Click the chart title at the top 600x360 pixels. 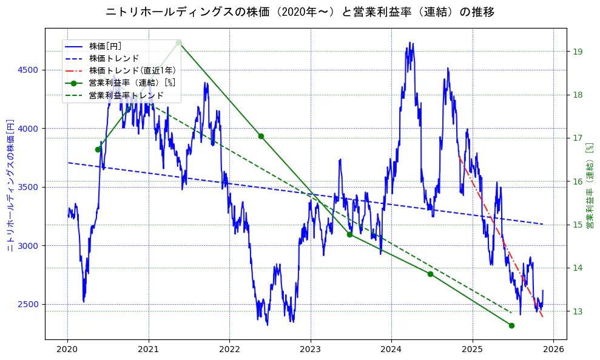[300, 12]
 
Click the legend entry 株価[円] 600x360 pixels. [105, 46]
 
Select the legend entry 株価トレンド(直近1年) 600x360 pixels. [132, 70]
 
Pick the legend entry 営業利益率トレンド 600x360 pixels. [126, 95]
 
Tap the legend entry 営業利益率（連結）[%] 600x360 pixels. [132, 83]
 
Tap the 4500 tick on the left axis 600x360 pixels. [28, 70]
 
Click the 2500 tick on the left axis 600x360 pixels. [28, 304]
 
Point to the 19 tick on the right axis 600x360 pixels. [578, 52]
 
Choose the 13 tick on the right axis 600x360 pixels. [578, 311]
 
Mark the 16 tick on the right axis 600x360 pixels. [578, 182]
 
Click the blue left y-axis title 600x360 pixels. [10, 185]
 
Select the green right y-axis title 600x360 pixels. [589, 185]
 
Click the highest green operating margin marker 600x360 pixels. [178, 42]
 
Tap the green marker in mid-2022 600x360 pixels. [261, 136]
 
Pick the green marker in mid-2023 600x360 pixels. [349, 234]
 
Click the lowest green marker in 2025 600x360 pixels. [511, 325]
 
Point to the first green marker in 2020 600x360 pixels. [98, 149]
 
